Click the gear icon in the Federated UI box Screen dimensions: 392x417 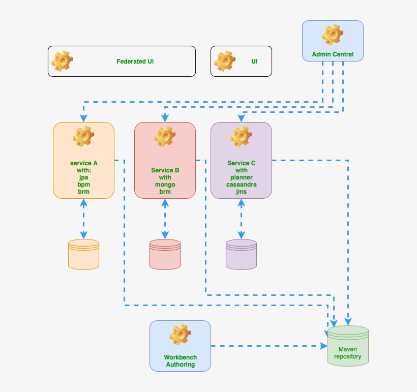[63, 61]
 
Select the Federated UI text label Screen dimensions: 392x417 [135, 62]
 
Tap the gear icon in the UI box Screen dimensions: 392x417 [225, 61]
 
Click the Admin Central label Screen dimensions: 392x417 [333, 54]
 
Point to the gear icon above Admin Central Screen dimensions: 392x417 [333, 35]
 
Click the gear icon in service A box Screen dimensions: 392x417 [83, 137]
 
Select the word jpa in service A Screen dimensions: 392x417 [84, 177]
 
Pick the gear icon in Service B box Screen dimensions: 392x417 [165, 137]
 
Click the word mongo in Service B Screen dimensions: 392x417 [165, 185]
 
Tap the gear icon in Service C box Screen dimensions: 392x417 [241, 137]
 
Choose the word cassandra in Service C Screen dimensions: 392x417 [241, 185]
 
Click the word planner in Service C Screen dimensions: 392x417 [241, 177]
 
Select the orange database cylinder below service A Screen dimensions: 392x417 [83, 254]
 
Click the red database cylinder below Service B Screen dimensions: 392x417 [165, 254]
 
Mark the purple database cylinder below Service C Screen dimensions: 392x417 [241, 254]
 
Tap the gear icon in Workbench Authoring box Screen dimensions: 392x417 [180, 335]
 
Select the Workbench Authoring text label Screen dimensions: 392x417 [180, 360]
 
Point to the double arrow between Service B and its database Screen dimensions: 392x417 [165, 219]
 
